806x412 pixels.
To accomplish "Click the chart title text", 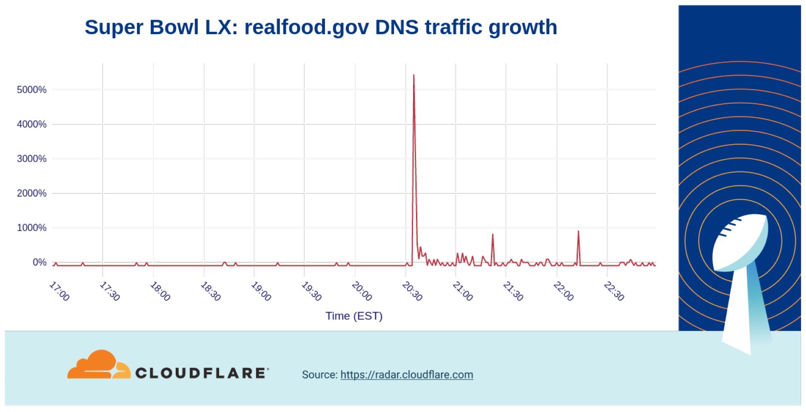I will click(321, 27).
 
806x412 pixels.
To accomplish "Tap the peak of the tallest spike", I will click(414, 75).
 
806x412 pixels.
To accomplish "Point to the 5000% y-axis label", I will click(31, 90).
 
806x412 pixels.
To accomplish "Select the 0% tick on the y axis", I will click(39, 262).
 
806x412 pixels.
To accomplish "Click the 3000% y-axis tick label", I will click(31, 159).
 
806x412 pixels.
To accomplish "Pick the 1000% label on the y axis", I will click(31, 228).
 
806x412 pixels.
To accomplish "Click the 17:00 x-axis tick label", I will click(59, 291).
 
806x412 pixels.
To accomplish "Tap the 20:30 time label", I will click(412, 291).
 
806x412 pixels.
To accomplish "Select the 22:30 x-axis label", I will click(614, 291).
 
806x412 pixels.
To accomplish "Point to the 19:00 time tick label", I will click(261, 291).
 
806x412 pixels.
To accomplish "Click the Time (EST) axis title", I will click(354, 316).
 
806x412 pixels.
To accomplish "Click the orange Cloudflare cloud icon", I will click(98, 365).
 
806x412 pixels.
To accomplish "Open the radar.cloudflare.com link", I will click(407, 375).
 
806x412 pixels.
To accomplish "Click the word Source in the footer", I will click(319, 375).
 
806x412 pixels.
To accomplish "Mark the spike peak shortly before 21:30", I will click(492, 234).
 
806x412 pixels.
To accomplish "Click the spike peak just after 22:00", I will click(578, 231).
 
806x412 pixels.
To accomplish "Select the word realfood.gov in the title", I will click(306, 27).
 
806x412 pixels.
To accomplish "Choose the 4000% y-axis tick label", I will click(31, 124).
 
